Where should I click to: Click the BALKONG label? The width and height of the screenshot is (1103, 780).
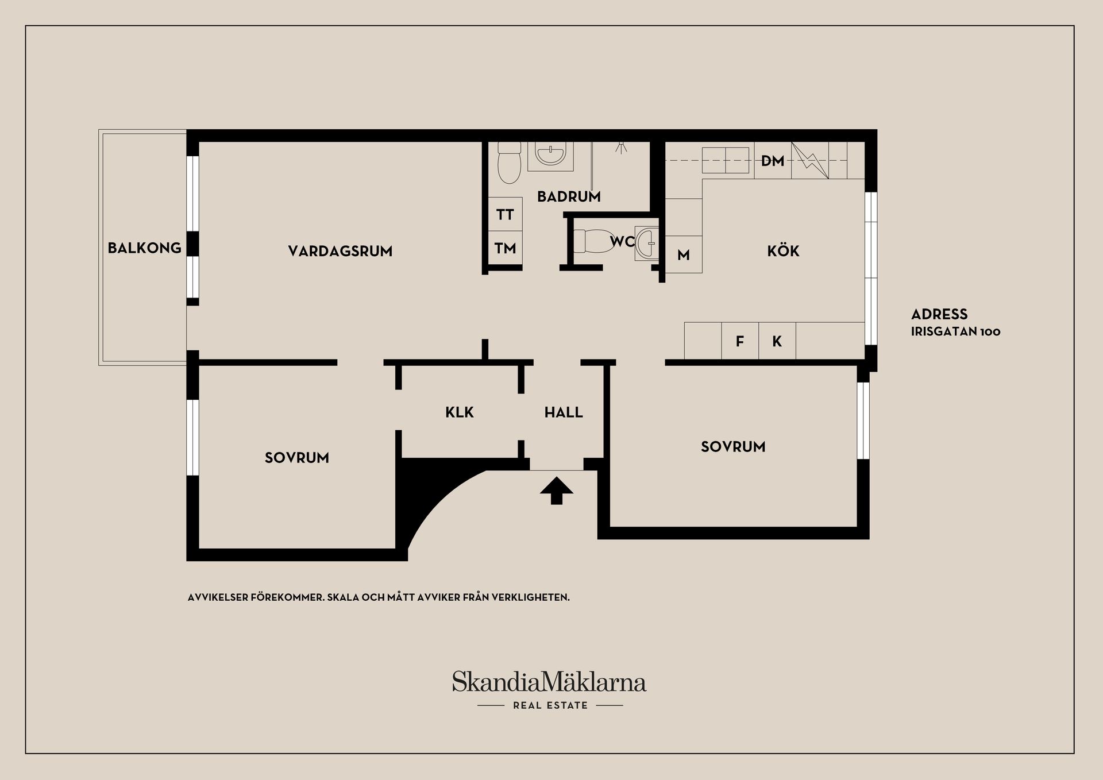coord(145,248)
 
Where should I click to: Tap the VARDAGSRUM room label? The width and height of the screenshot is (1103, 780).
coord(340,251)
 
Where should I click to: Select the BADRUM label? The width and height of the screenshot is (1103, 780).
coord(569,196)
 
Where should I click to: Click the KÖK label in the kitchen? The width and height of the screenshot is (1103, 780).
coord(783,250)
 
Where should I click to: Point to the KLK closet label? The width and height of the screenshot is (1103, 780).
coord(460,412)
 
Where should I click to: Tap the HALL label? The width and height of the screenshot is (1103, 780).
coord(564,412)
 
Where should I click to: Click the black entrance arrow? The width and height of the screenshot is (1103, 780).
coord(557,491)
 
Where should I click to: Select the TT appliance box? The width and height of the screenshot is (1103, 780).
coord(505,214)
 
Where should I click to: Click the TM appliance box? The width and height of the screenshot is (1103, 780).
coord(505,248)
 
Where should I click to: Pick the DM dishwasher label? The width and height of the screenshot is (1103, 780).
coord(773,161)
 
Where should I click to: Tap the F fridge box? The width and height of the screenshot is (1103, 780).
coord(740,341)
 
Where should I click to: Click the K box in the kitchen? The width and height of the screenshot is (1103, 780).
coord(777,341)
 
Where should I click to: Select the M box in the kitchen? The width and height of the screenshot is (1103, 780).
coord(684,254)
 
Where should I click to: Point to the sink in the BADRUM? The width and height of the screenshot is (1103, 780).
coord(550,155)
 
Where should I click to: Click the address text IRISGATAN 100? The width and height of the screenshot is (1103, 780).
coord(955,331)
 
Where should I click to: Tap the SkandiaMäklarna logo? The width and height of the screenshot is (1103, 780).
coord(549,681)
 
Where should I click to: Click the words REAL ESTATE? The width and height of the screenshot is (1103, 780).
coord(550,705)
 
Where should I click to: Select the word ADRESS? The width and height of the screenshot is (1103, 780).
coord(939,314)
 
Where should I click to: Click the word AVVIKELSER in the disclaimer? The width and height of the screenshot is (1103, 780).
coord(218,597)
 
